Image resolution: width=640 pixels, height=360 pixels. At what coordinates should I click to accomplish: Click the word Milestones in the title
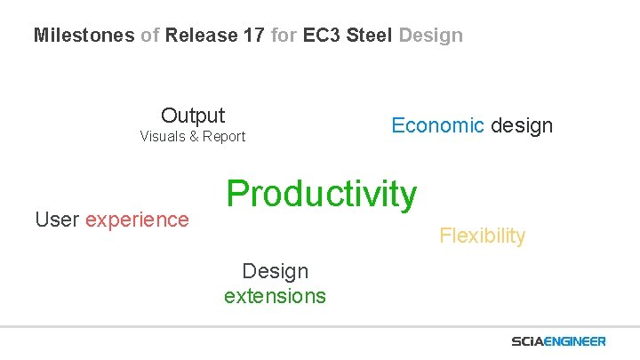pyautogui.click(x=84, y=36)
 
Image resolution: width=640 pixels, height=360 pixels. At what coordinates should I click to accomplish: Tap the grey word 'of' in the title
pyautogui.click(x=150, y=36)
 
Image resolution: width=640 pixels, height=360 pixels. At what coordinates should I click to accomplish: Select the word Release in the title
pyautogui.click(x=200, y=36)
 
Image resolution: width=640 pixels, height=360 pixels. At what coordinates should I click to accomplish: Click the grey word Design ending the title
pyautogui.click(x=431, y=36)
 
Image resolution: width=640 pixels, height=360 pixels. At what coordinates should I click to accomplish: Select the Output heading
pyautogui.click(x=193, y=116)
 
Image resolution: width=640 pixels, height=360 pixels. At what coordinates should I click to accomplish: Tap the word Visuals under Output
pyautogui.click(x=165, y=137)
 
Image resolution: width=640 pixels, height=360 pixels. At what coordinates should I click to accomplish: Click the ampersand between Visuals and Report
pyautogui.click(x=196, y=137)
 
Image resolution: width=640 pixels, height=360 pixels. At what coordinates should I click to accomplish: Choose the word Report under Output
pyautogui.click(x=224, y=137)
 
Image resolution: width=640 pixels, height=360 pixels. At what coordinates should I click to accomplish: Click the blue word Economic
pyautogui.click(x=438, y=125)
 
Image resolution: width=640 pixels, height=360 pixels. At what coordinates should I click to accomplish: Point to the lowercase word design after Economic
pyautogui.click(x=522, y=125)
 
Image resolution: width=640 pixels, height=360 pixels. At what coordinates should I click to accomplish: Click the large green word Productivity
pyautogui.click(x=321, y=193)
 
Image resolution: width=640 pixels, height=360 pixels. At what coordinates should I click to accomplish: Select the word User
pyautogui.click(x=56, y=220)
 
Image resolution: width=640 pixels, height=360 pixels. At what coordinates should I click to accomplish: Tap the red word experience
pyautogui.click(x=137, y=220)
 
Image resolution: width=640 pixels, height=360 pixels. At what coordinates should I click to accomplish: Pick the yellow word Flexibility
pyautogui.click(x=482, y=236)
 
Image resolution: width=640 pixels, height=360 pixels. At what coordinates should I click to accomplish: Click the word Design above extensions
pyautogui.click(x=275, y=271)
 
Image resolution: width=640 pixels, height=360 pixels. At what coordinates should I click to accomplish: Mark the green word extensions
pyautogui.click(x=275, y=296)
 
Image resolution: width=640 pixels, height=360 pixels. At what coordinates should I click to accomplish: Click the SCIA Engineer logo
pyautogui.click(x=558, y=341)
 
